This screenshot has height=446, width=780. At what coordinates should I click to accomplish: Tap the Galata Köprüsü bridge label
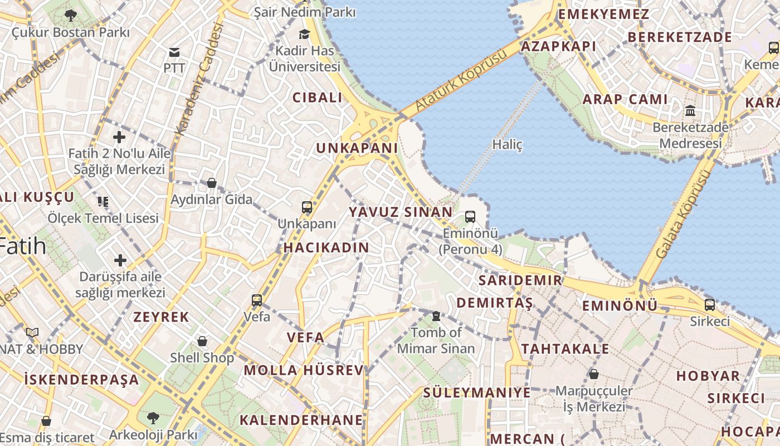click(x=684, y=215)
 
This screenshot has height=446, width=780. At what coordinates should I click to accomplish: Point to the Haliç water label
click(x=508, y=145)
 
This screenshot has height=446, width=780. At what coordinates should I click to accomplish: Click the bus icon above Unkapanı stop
click(x=306, y=207)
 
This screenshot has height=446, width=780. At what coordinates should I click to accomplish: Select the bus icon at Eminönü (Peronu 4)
click(x=470, y=217)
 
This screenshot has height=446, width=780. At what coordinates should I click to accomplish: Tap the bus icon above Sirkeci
click(x=709, y=305)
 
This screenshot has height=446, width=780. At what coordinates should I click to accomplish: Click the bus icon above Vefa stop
click(x=256, y=300)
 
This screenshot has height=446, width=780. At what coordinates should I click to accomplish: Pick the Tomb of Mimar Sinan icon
click(x=436, y=316)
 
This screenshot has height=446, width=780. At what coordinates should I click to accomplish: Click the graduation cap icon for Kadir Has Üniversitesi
click(x=304, y=35)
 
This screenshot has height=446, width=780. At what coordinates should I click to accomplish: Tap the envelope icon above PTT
click(x=174, y=52)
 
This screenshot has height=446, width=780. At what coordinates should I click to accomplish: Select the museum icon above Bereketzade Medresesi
click(x=690, y=110)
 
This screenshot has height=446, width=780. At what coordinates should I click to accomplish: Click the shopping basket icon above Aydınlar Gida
click(x=212, y=182)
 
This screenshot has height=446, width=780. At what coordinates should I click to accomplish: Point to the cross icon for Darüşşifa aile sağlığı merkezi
click(x=120, y=260)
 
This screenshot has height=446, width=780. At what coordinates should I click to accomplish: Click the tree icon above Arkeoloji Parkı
click(x=153, y=417)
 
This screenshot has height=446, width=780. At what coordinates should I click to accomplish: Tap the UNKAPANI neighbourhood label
click(x=357, y=148)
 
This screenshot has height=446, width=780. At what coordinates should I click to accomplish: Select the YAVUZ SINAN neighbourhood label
click(x=401, y=212)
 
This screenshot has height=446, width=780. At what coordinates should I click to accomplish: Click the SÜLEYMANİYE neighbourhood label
click(x=476, y=392)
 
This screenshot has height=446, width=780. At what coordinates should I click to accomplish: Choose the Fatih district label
click(x=22, y=246)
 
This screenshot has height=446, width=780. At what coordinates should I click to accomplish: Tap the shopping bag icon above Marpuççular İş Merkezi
click(x=594, y=374)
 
